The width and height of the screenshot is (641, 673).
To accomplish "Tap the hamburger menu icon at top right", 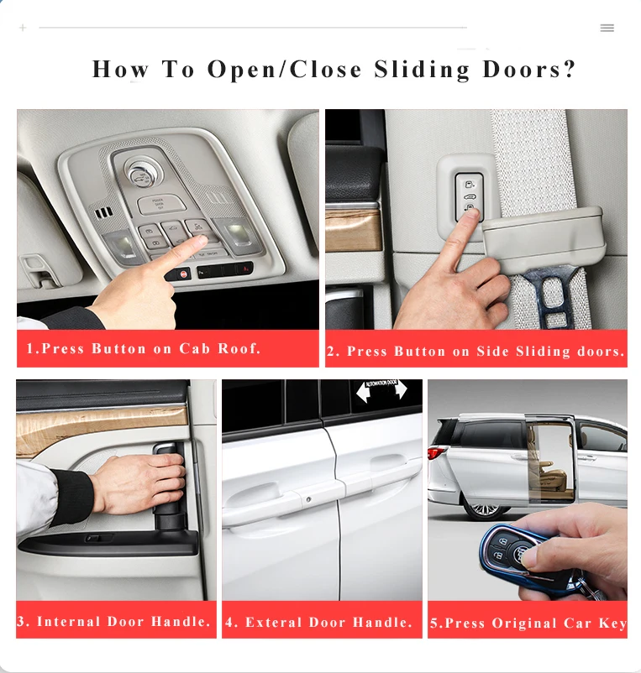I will [x=607, y=28].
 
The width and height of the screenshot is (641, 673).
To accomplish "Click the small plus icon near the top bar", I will [x=23, y=28].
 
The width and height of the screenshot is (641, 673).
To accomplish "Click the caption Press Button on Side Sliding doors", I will [x=475, y=352].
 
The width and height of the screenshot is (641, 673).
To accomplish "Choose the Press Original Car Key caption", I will [x=528, y=623].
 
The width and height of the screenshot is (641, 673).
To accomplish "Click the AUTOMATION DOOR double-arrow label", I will [x=381, y=389].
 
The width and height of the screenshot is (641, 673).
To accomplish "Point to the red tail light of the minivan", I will [x=434, y=455].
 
